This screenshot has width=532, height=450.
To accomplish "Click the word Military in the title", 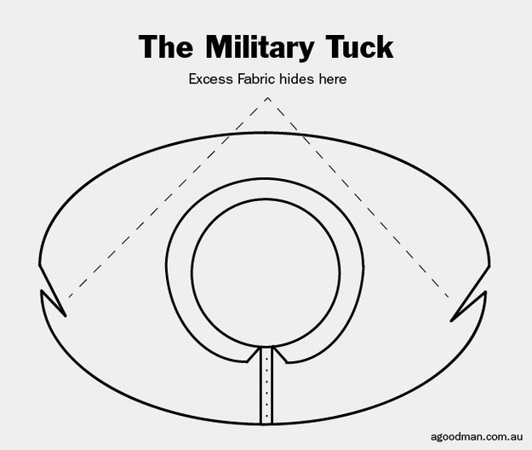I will (255, 47).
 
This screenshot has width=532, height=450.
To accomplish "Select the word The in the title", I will (163, 47).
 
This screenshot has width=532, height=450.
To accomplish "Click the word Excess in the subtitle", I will (208, 79).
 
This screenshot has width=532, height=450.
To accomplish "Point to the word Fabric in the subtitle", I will (254, 79).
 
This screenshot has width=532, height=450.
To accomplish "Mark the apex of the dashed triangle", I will (267, 99).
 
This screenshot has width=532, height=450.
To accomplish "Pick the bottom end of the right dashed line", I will (449, 298).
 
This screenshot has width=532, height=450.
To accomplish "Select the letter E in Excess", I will (193, 79).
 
